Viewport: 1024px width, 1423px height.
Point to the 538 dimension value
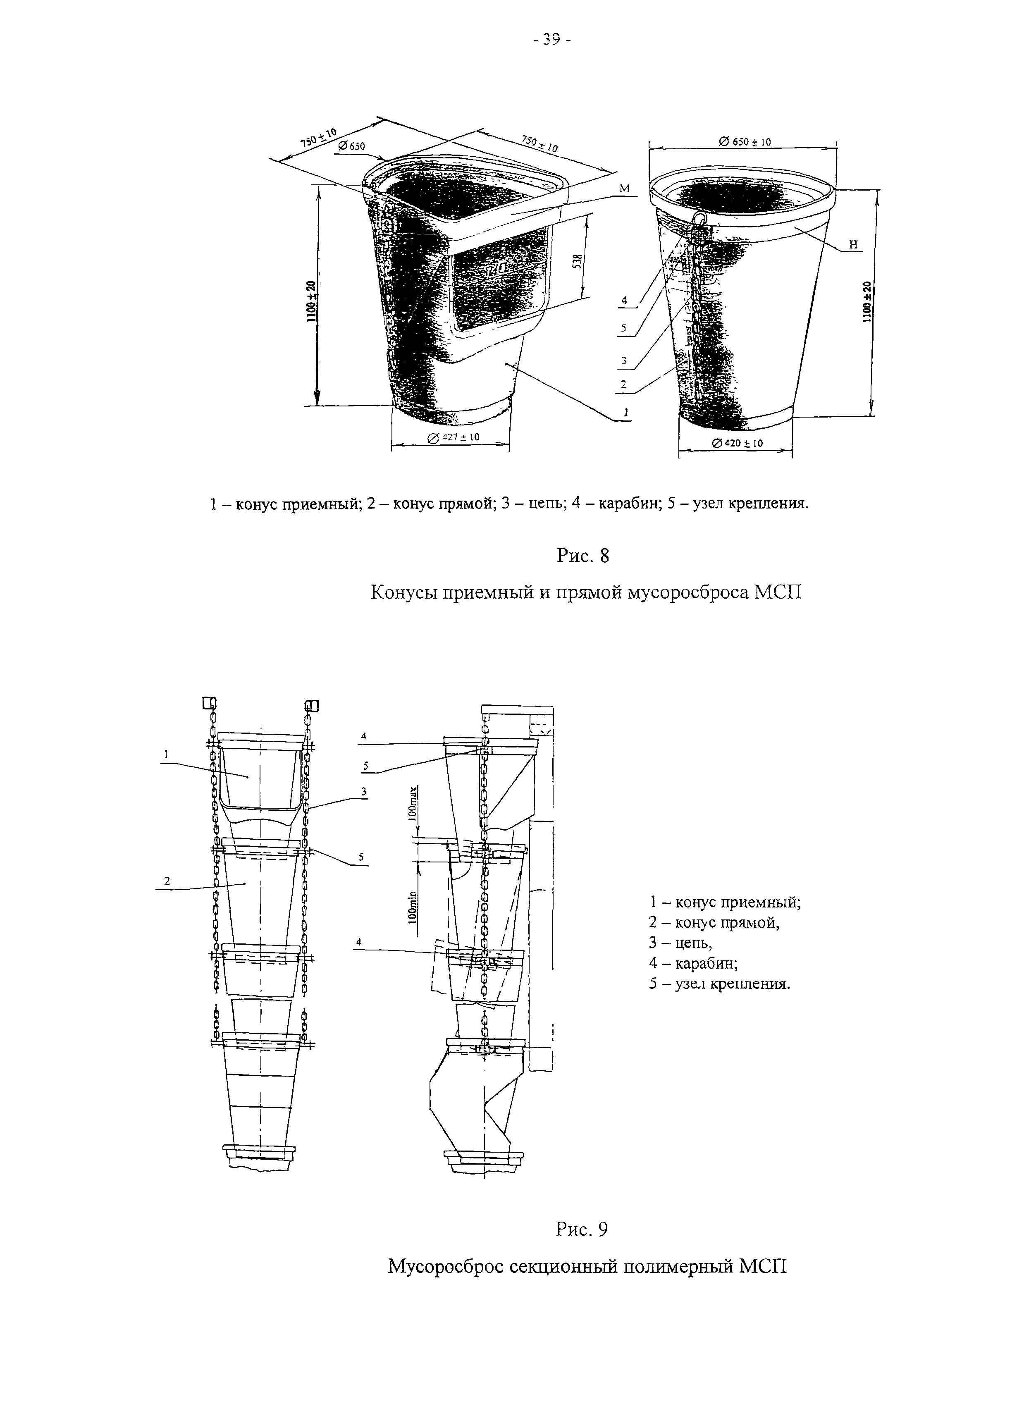coord(578,260)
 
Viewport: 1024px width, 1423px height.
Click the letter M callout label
coord(624,188)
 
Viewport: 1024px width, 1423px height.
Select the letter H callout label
coord(853,245)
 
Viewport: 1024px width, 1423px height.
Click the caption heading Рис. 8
coord(582,555)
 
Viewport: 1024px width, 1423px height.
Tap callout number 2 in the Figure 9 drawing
coord(167,881)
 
